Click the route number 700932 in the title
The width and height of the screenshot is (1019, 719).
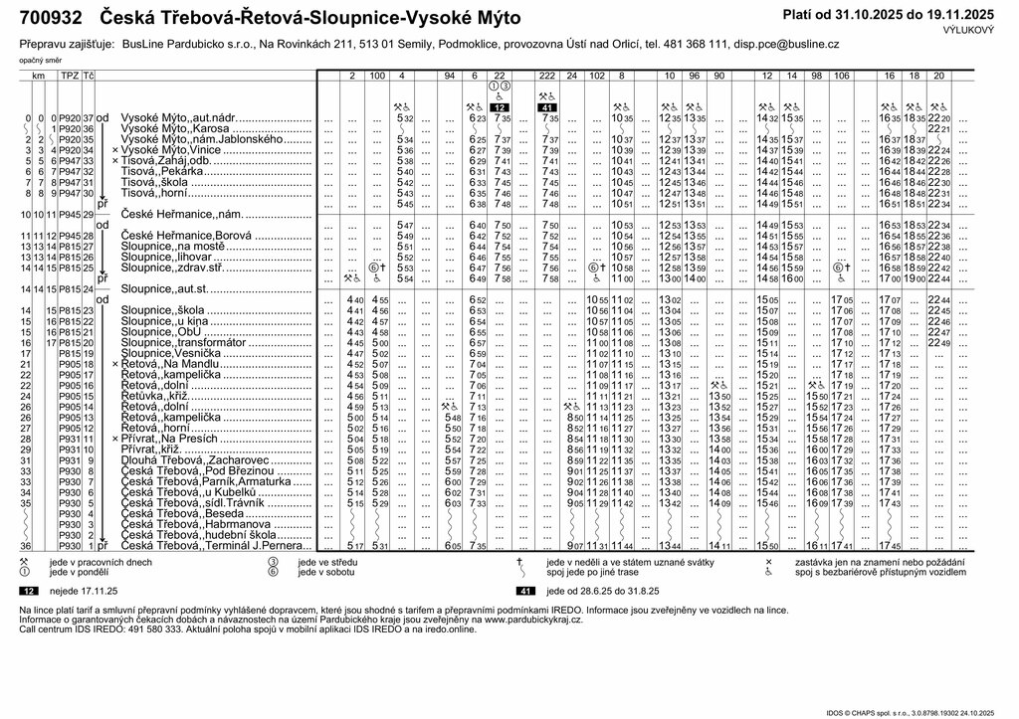(51, 19)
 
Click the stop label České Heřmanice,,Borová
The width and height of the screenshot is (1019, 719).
(185, 236)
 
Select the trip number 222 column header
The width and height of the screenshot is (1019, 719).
(546, 76)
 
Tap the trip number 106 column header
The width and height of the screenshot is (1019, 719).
(841, 76)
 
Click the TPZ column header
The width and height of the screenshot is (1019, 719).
(69, 76)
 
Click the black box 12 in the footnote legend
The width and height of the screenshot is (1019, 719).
(28, 590)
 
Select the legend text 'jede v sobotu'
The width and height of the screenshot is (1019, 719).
(324, 572)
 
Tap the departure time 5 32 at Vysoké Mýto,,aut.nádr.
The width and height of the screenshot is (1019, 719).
(404, 118)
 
